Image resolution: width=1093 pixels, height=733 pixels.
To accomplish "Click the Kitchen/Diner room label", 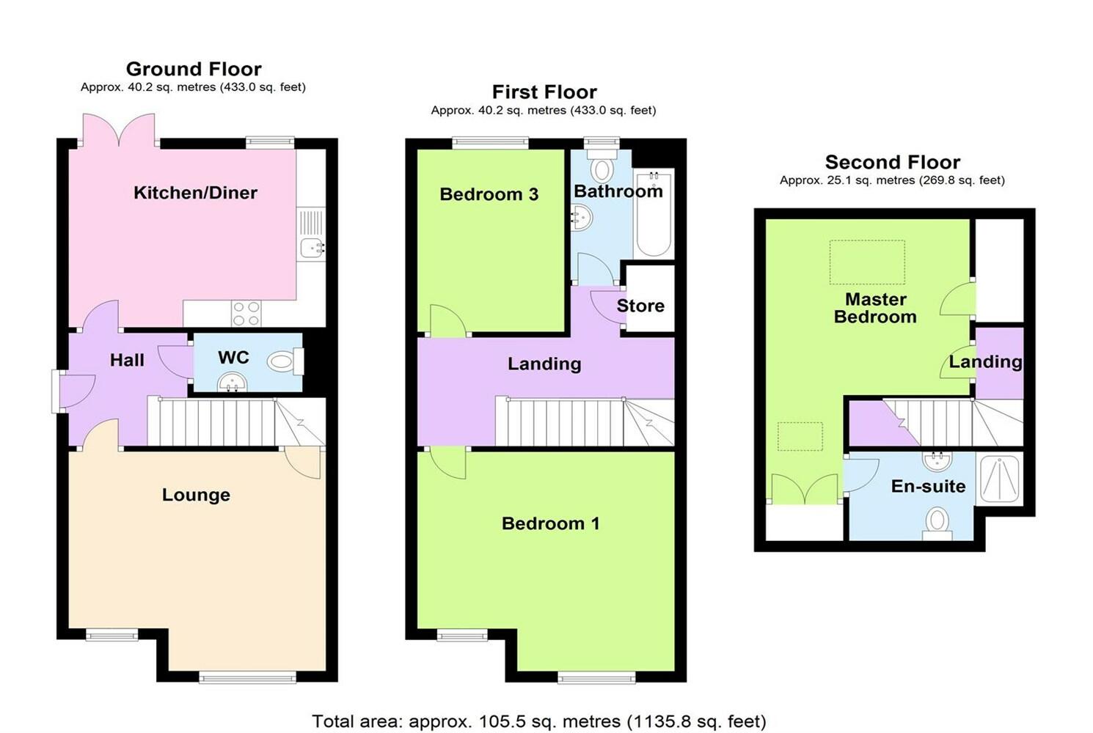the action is click(195, 193).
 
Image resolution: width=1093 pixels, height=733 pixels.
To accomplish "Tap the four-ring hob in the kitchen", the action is click(246, 313).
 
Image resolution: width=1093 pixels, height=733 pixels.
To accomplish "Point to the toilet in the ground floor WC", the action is click(285, 362).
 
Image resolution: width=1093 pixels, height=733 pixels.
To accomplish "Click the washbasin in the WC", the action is click(232, 382).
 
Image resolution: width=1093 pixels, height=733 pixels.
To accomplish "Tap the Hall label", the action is click(127, 361).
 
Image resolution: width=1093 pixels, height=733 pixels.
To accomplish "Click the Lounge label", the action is click(196, 495).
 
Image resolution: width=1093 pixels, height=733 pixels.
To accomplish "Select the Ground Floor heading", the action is click(194, 69).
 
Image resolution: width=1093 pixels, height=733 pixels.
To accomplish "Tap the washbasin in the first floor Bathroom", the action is click(582, 218).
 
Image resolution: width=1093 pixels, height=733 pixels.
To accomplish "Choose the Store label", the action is click(640, 306).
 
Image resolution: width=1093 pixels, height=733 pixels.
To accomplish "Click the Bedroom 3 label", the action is click(489, 194).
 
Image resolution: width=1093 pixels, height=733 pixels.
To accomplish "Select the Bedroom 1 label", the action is click(550, 523).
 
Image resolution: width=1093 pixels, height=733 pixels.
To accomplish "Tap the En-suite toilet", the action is click(937, 523).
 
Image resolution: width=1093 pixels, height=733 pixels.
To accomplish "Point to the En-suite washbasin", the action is click(937, 461).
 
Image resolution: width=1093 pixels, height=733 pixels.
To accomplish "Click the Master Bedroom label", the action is click(875, 308).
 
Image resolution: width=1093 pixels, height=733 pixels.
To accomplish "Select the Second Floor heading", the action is click(893, 162).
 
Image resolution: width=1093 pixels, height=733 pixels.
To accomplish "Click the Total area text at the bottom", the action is click(539, 721).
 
